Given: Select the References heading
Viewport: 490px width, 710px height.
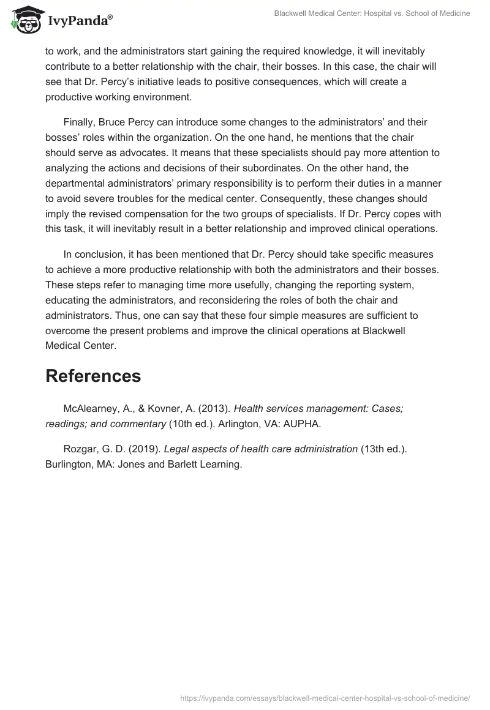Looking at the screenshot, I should coord(93,376).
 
